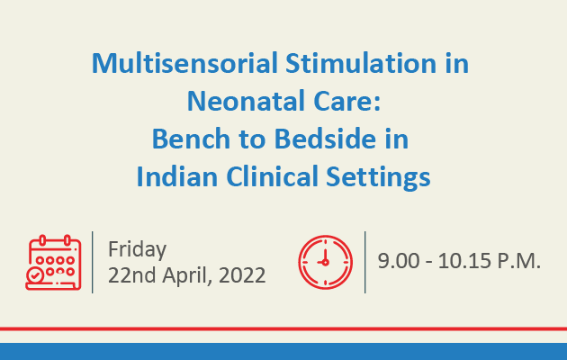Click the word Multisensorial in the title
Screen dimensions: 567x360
pos(184,63)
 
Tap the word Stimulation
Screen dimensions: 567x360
pos(361,63)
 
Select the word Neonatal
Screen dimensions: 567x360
pos(247,101)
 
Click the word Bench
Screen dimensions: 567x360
pos(191,139)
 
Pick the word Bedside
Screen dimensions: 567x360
pos(325,139)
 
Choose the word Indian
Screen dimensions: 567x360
pos(177,176)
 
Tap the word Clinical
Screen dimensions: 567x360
pos(273,176)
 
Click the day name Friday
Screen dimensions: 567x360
pos(138,250)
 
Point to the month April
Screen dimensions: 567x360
pos(187,276)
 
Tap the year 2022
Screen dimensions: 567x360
pos(242,275)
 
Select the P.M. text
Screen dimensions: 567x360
pos(519,261)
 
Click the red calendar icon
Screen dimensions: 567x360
pos(53,263)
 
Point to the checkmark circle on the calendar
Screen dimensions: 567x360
pos(35,276)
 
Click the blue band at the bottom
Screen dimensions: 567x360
pos(283,351)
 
